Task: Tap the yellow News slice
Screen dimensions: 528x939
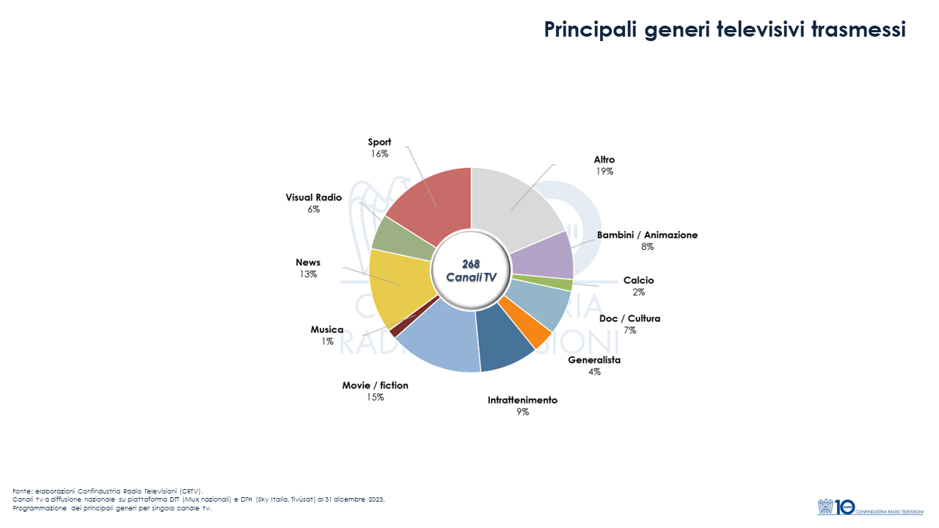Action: tap(396, 290)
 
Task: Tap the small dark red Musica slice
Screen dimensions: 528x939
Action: tap(395, 331)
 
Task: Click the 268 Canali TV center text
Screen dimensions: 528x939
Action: tap(471, 270)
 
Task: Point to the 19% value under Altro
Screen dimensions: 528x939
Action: tap(604, 172)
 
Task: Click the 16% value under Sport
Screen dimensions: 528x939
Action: tap(379, 154)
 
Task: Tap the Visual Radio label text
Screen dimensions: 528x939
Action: tap(313, 197)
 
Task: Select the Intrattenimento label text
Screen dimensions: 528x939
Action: tap(522, 400)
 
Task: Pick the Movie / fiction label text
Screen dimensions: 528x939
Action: tap(375, 385)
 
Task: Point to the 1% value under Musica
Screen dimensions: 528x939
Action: tap(326, 342)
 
